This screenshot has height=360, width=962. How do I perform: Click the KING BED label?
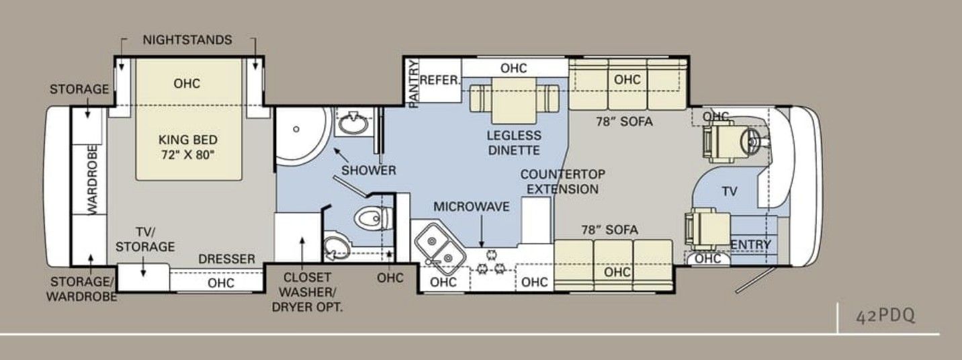point(188,140)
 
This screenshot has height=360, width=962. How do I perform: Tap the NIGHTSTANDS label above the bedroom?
point(187,40)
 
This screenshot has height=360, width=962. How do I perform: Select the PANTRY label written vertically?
point(414,84)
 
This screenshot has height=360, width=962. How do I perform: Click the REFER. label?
point(439,81)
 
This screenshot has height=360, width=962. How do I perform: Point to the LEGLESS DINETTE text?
point(514,143)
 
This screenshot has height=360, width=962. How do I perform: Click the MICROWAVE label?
point(472,207)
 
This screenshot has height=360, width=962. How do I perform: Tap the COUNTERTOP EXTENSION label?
point(562,182)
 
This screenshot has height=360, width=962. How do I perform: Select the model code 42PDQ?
point(885,316)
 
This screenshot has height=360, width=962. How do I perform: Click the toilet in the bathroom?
point(373,218)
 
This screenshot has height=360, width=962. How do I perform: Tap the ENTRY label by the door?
point(750,244)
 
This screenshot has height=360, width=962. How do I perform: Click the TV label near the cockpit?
point(730,191)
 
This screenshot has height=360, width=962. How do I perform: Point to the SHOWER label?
point(369,171)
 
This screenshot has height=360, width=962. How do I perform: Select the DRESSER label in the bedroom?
point(227,259)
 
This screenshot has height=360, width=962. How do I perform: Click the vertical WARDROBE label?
point(92,179)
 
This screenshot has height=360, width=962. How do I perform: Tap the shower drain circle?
point(296,130)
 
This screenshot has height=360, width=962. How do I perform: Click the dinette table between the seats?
point(514,101)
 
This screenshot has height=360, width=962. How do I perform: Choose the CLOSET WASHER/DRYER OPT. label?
point(308,292)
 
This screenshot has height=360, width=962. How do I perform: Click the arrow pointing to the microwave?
point(482,232)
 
